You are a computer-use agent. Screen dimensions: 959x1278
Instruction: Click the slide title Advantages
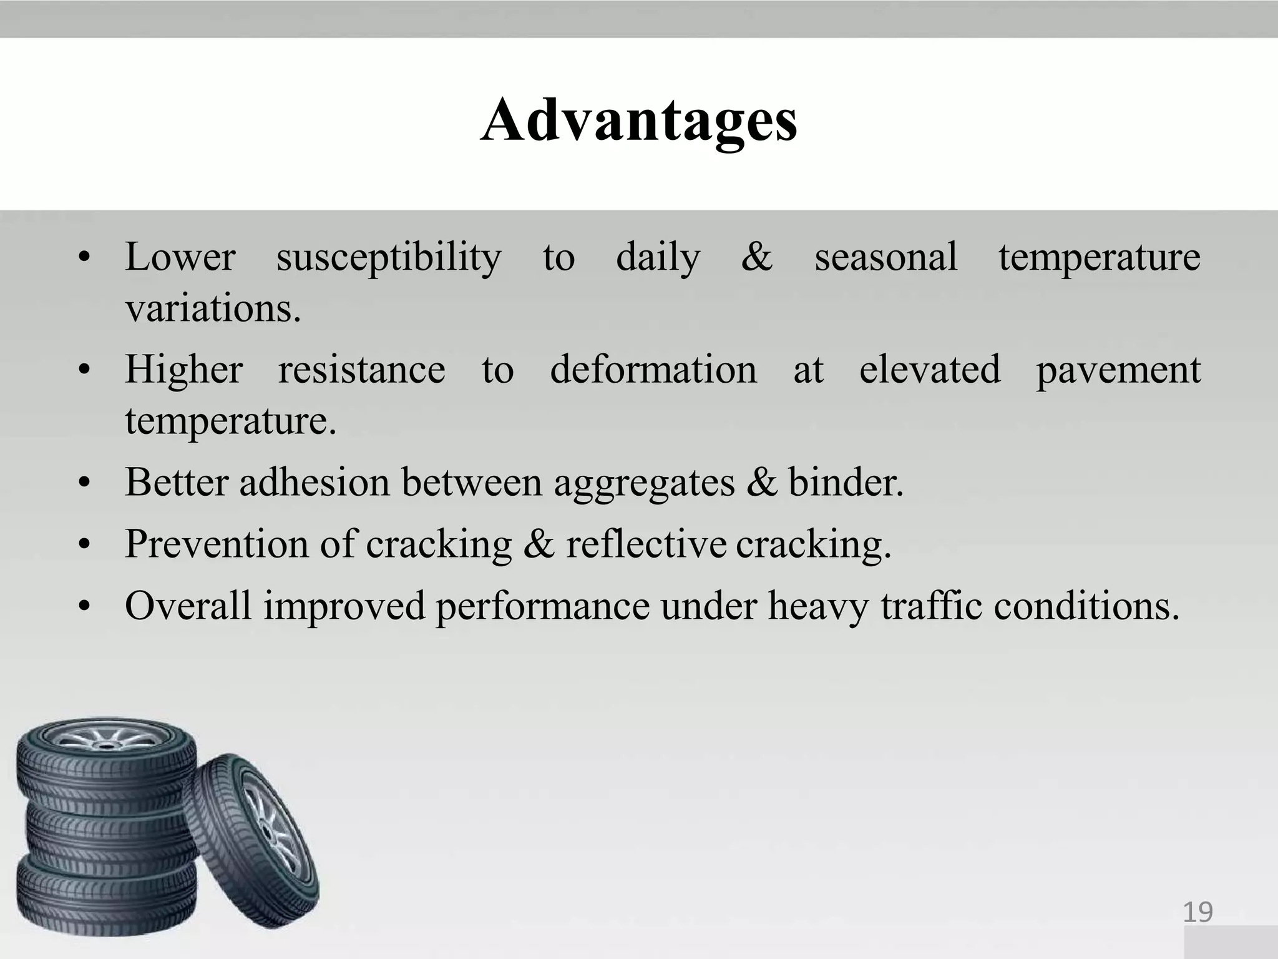coord(638,122)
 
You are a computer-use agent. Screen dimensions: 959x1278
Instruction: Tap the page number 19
coord(1198,912)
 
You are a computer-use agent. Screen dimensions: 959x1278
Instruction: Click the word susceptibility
coord(388,258)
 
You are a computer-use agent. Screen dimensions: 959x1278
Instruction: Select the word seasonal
coord(885,257)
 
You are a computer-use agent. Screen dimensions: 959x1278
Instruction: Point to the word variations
coord(213,308)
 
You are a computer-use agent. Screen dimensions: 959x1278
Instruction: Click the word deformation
coord(653,370)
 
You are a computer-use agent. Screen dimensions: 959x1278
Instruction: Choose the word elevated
coord(929,370)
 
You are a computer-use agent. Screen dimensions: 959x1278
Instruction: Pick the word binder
coord(846,482)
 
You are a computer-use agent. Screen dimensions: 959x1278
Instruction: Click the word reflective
coord(646,544)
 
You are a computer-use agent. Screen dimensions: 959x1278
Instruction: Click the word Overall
coord(188,606)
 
